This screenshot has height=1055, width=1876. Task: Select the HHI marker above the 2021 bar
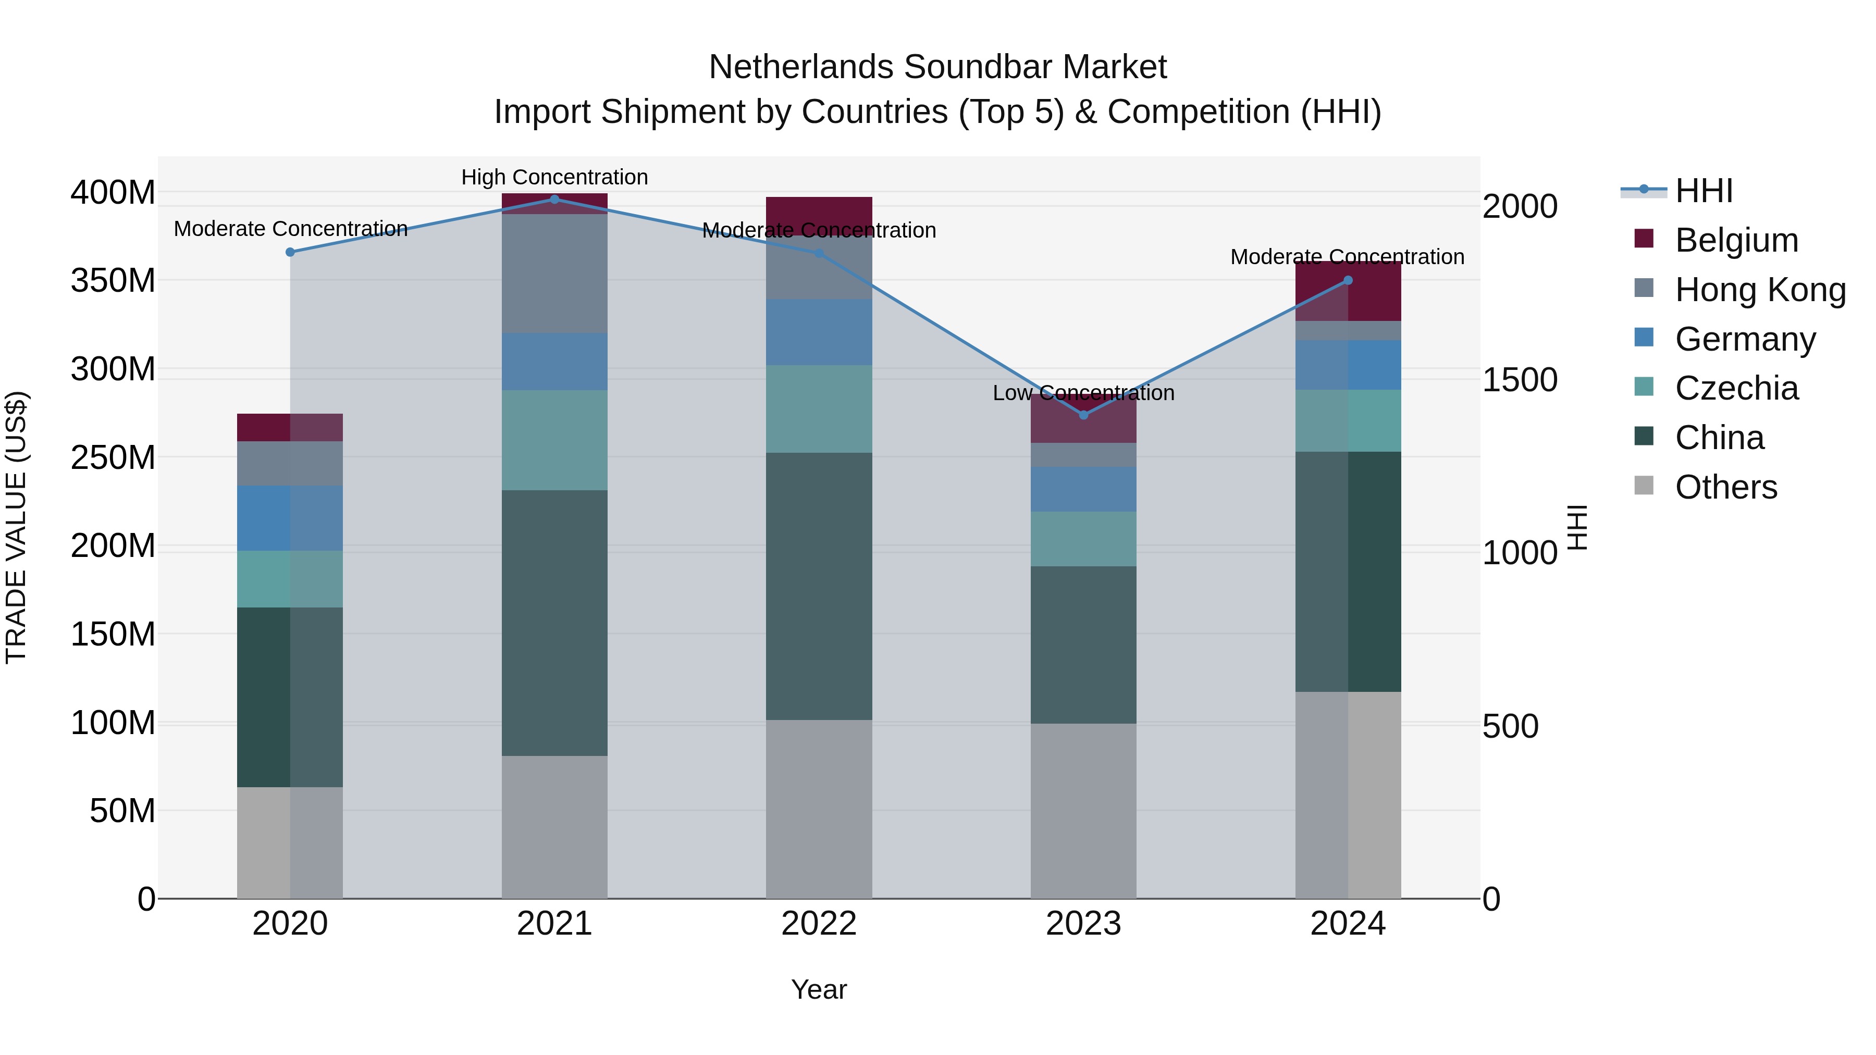click(x=554, y=200)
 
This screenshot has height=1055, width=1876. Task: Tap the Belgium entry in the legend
click(x=1736, y=240)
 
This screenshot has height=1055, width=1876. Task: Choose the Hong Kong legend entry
click(x=1759, y=290)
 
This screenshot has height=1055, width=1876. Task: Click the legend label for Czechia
click(x=1736, y=388)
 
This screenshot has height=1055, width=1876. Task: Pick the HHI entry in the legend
click(x=1704, y=191)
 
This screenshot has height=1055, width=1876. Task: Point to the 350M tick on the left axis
click(x=113, y=280)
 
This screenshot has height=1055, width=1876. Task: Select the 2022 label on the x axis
click(x=819, y=924)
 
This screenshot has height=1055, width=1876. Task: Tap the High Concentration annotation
click(x=554, y=177)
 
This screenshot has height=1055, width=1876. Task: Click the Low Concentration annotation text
click(x=1083, y=393)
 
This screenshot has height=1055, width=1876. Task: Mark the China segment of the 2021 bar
click(x=554, y=623)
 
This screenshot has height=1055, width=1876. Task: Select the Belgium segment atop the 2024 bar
click(x=1348, y=291)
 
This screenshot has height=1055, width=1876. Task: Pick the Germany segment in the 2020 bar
click(x=290, y=518)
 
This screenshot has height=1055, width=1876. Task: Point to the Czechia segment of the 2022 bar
click(x=819, y=408)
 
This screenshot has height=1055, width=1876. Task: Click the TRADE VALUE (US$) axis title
click(x=16, y=527)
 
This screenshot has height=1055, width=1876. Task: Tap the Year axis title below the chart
click(x=819, y=989)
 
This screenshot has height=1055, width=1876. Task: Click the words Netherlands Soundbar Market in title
click(x=937, y=67)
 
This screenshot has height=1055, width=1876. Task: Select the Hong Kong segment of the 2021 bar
click(x=554, y=274)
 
